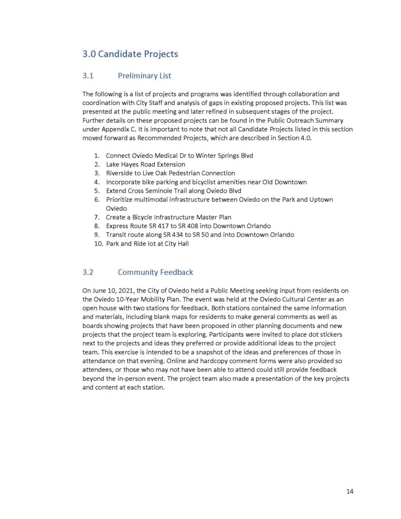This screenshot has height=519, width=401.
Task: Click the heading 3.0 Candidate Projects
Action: [130, 54]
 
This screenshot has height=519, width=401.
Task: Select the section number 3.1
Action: [88, 76]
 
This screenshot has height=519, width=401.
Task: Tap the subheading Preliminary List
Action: [144, 76]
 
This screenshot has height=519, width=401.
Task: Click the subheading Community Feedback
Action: [155, 272]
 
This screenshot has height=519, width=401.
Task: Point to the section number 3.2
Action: [88, 272]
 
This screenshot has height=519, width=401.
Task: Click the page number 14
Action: [350, 491]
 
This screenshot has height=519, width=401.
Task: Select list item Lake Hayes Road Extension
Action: [145, 164]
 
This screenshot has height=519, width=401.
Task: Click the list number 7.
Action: [96, 217]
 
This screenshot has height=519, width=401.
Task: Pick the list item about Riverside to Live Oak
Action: [170, 173]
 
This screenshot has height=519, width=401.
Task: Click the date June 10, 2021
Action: [110, 290]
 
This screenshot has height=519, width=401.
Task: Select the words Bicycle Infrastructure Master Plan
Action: [176, 217]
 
